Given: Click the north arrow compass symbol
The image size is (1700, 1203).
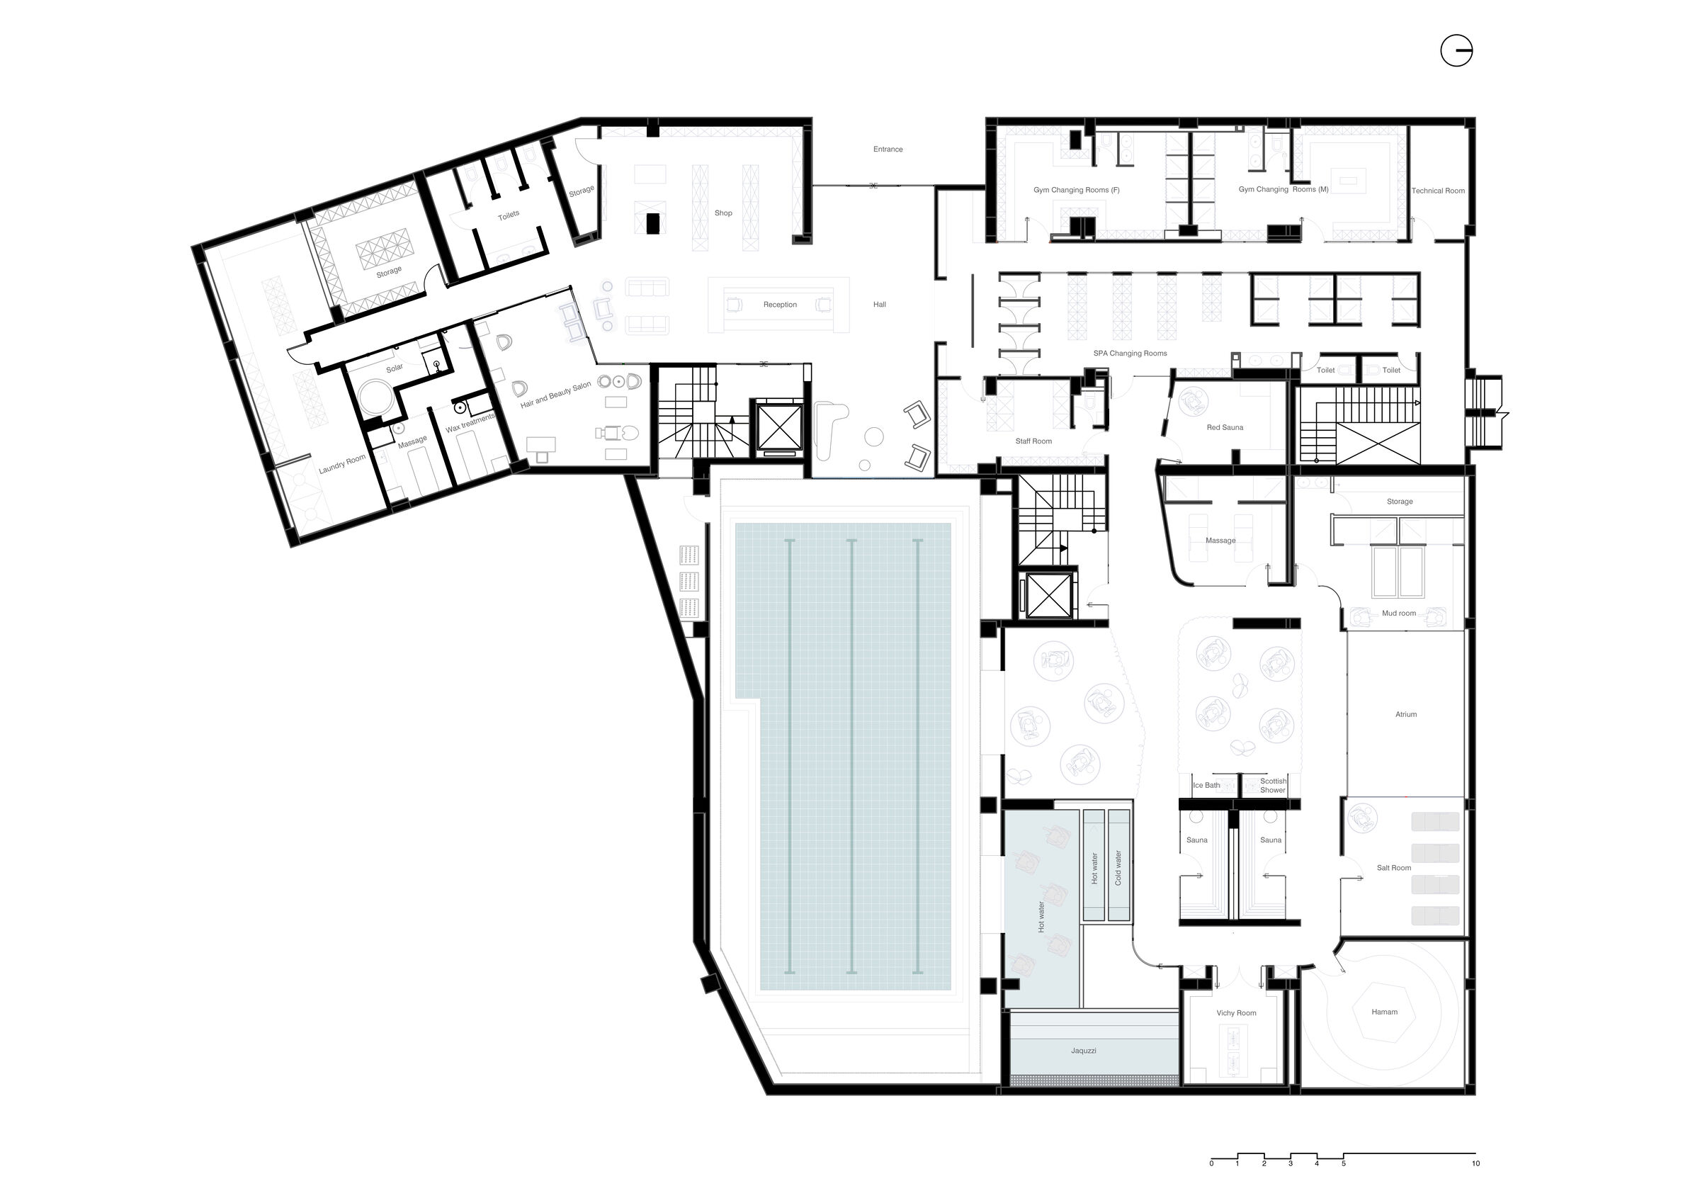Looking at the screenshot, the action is click(x=1456, y=51).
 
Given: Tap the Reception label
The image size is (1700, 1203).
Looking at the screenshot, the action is click(x=780, y=305).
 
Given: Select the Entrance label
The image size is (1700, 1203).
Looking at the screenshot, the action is click(x=888, y=149).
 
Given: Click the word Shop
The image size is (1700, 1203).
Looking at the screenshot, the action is click(x=723, y=213).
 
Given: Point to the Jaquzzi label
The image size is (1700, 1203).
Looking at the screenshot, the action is click(x=1083, y=1051).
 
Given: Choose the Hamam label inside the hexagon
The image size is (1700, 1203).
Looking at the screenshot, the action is click(x=1384, y=1012).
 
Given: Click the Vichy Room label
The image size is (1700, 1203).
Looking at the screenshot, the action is click(x=1236, y=1012).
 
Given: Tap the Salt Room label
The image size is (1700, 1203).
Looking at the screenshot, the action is click(x=1393, y=867).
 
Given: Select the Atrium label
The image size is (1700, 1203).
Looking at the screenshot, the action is click(x=1405, y=714).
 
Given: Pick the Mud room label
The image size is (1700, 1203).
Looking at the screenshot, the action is click(x=1399, y=614).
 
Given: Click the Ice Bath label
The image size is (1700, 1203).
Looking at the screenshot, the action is click(x=1206, y=785).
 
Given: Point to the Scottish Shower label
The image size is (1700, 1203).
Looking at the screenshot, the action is click(x=1273, y=785).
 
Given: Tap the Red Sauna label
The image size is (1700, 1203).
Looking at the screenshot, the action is click(x=1225, y=427).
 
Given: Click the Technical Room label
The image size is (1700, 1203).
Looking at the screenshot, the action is click(x=1438, y=191).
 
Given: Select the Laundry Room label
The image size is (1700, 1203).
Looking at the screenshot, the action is click(x=342, y=465).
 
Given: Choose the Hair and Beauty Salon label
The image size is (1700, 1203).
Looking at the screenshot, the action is click(x=556, y=395).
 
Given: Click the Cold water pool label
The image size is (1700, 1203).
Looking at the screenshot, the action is click(x=1118, y=867).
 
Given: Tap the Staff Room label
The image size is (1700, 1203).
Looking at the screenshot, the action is click(x=1033, y=441).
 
